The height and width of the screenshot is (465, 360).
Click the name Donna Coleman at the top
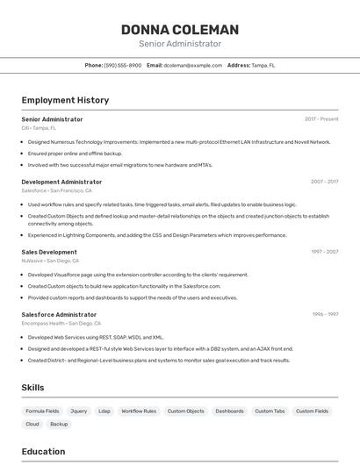180,30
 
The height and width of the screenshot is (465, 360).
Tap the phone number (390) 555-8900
122,65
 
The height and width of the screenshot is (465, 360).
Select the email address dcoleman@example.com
193,65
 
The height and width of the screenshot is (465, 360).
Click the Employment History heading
65,100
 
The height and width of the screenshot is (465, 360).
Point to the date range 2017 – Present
321,118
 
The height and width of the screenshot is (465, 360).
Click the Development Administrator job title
61,182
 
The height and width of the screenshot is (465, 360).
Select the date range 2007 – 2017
324,182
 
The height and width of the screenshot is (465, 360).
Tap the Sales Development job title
49,252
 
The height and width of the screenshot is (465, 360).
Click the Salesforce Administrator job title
59,314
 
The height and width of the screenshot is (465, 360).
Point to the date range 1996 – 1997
325,314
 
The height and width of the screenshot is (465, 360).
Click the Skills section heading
32,387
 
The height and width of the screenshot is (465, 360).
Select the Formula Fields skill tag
42,411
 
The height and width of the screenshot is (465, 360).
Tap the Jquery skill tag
79,411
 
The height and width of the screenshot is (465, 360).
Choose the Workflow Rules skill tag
139,411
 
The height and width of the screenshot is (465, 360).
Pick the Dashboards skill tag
229,411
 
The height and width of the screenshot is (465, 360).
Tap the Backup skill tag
59,424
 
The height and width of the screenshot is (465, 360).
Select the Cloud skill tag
32,424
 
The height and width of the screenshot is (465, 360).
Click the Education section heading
43,452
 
